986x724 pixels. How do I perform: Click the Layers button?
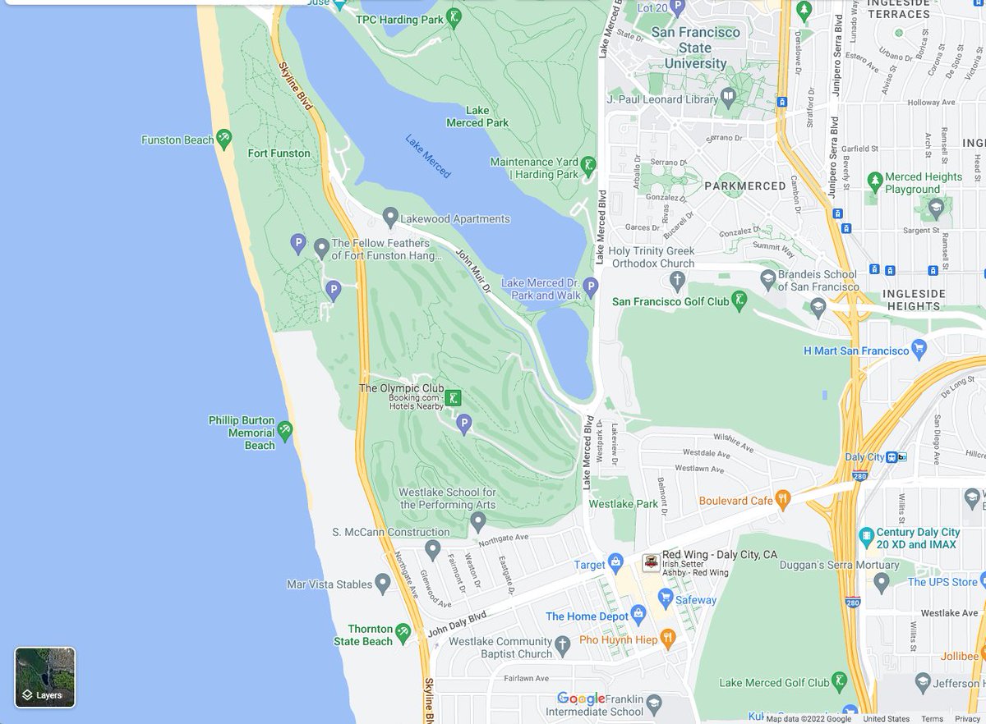45,677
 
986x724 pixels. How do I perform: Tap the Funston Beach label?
177,140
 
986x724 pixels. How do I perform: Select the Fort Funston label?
279,154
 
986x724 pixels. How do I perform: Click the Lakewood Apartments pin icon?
391,218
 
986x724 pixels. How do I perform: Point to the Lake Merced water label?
427,155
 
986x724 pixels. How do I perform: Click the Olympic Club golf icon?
454,397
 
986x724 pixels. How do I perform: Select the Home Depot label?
587,616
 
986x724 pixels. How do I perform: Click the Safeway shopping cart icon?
666,599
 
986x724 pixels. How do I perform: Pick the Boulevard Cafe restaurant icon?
783,499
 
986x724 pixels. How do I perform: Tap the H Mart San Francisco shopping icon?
920,351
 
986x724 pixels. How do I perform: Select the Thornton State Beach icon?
403,631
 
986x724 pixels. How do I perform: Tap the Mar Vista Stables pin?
383,584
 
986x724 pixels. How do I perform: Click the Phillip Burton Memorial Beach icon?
284,430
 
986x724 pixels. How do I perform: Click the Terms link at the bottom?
932,719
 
